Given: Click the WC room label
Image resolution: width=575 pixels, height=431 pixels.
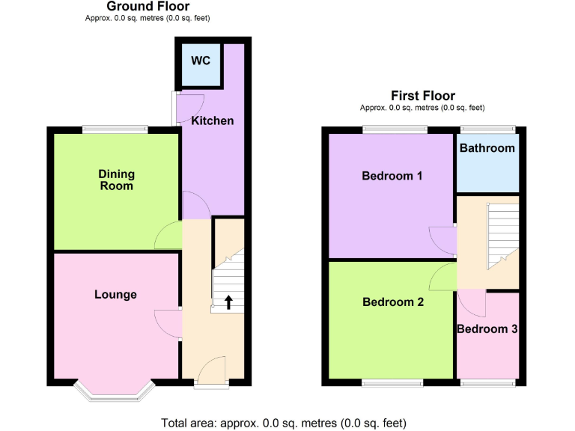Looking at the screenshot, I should pos(200,61).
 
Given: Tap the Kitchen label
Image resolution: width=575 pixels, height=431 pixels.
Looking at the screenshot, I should pos(213,120).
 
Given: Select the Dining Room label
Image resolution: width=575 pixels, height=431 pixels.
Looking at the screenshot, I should pos(116,180).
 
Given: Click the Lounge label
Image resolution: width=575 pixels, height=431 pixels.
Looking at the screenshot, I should pos(115,294).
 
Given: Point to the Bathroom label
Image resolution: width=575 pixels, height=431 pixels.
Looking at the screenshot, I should pos(487,148).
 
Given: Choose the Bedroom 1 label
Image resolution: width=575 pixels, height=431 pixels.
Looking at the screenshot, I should pos(392,176).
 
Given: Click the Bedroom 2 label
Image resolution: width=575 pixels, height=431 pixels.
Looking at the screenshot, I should pos(393,302).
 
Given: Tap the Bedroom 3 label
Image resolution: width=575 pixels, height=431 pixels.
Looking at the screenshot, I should pos(487,329).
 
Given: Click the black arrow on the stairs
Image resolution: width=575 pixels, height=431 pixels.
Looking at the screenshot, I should pos(228,302).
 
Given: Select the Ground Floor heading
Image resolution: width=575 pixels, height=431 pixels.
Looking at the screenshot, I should pos(148,7).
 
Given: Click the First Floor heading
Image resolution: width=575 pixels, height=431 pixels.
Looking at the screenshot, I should pos(423,95).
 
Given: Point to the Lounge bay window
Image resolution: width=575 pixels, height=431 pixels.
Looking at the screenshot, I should pos(115,392).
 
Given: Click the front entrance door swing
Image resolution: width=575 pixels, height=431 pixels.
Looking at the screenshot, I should pos(212,369).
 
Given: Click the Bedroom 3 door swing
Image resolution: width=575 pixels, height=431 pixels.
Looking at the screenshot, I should pos(472,302).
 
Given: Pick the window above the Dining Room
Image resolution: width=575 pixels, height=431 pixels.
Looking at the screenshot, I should pos(115,129).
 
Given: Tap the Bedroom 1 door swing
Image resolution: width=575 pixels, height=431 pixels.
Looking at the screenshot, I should pos(442,241).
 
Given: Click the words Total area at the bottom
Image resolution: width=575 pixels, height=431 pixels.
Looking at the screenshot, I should pos(186,423).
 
